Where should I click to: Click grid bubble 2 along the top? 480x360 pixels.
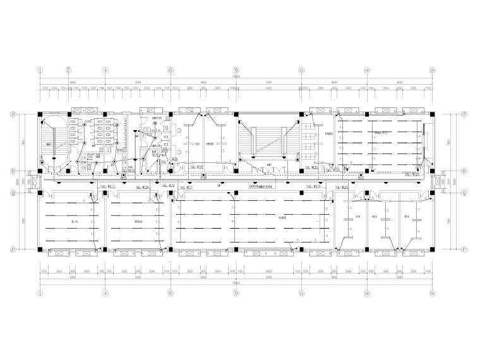tap(69, 71)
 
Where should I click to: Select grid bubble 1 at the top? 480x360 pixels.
tap(40, 71)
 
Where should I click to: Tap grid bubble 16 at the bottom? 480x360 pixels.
tap(432, 293)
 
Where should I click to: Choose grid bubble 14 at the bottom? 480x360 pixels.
tap(367, 293)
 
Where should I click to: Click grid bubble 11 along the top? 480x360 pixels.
tap(302, 71)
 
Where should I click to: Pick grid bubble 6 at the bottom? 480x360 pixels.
tap(171, 293)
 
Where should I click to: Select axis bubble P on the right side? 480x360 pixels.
tap(464, 249)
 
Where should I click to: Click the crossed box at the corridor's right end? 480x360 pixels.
tap(436, 181)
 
